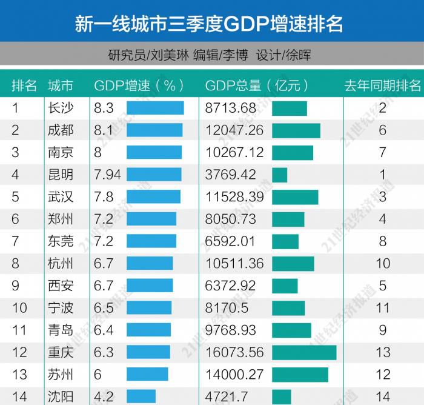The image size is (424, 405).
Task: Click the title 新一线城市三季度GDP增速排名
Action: click(x=209, y=24)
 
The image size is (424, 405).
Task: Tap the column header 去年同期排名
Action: click(x=382, y=85)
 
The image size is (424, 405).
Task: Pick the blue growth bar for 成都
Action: click(x=154, y=130)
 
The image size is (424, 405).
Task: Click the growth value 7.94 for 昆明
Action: click(x=107, y=175)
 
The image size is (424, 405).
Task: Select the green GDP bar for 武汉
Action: click(x=295, y=197)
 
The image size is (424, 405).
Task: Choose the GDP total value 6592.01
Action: click(x=231, y=241)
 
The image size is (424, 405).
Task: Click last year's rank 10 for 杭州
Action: click(x=382, y=263)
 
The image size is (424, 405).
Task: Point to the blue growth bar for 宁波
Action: click(x=149, y=307)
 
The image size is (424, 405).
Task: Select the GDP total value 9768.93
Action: click(x=231, y=330)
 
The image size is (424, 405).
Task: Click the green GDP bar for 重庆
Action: click(x=304, y=352)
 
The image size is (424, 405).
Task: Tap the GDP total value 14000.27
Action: click(x=234, y=374)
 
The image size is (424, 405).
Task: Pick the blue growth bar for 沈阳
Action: click(x=141, y=397)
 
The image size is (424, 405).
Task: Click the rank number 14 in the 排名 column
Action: click(x=19, y=397)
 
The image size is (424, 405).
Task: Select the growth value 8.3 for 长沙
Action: click(x=104, y=108)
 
